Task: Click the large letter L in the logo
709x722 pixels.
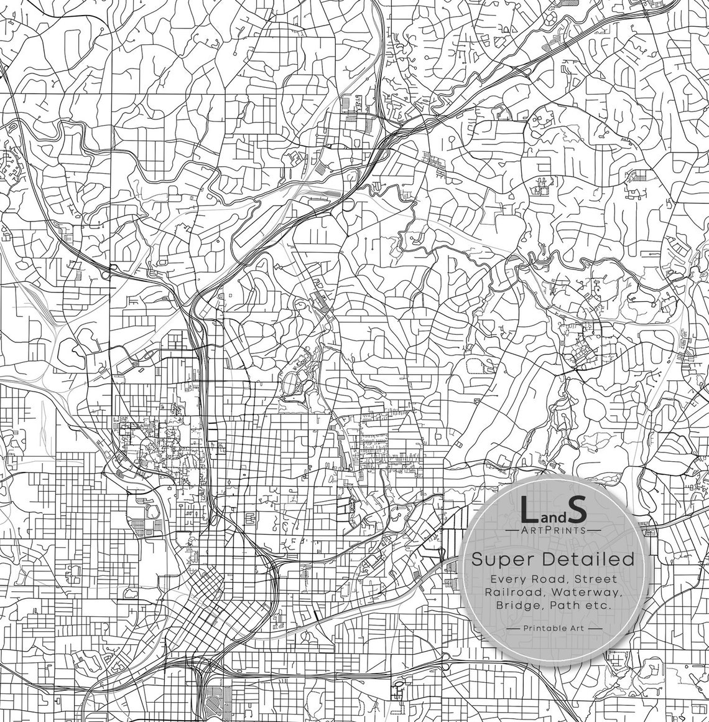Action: tap(529, 510)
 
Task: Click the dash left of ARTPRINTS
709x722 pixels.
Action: tap(512, 530)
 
